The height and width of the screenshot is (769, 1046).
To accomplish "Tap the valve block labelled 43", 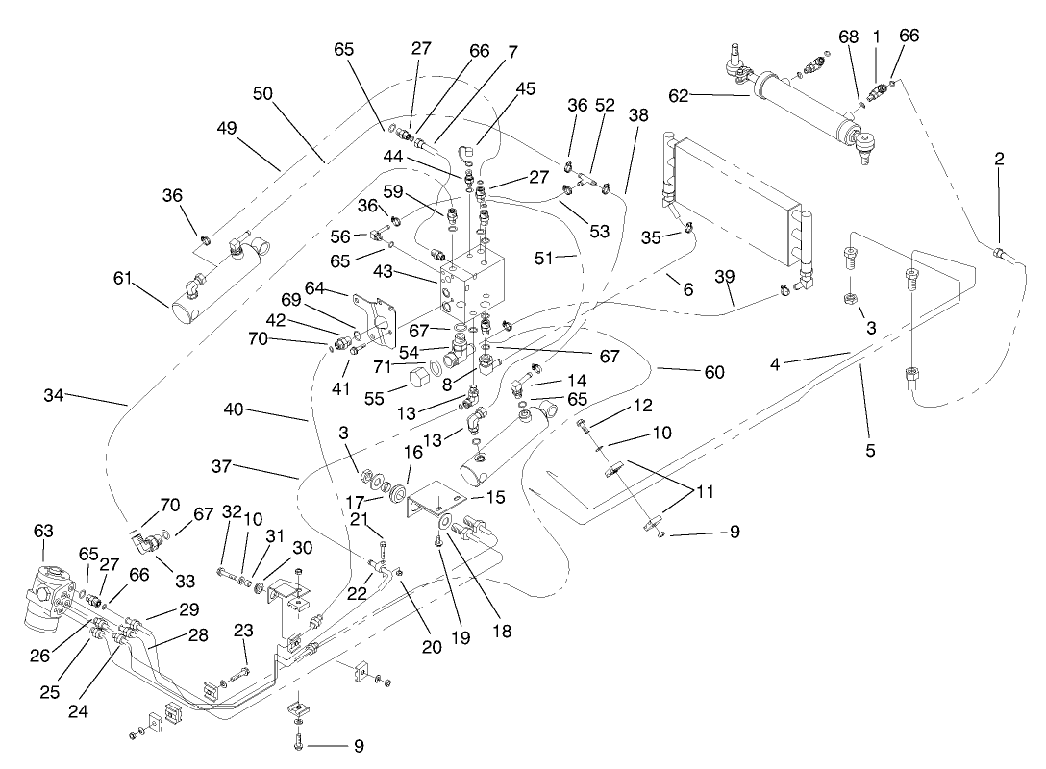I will coord(471,284).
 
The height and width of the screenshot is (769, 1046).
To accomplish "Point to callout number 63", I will coord(44,531).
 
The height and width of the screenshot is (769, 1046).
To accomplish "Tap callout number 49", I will coord(227,128).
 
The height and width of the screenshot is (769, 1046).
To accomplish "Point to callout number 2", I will coord(1000,159).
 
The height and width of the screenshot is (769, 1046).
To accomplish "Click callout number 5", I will coord(870,448).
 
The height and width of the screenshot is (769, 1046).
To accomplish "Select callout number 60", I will coord(712,372).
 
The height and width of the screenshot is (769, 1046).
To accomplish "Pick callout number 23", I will coord(244,631).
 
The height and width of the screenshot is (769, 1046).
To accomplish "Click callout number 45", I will coord(525,89).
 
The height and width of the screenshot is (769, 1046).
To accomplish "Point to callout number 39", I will coord(725,277).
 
